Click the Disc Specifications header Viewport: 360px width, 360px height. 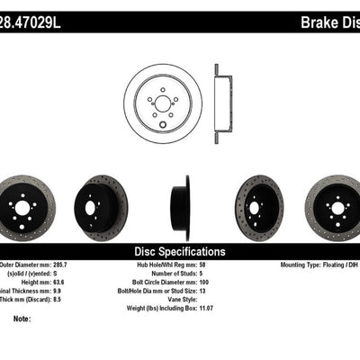[180, 251]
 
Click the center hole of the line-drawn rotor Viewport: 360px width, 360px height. [163, 103]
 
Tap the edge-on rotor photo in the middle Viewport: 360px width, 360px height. [183, 208]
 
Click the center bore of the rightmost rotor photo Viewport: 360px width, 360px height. [338, 208]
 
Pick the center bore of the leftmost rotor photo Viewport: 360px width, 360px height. [22, 208]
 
